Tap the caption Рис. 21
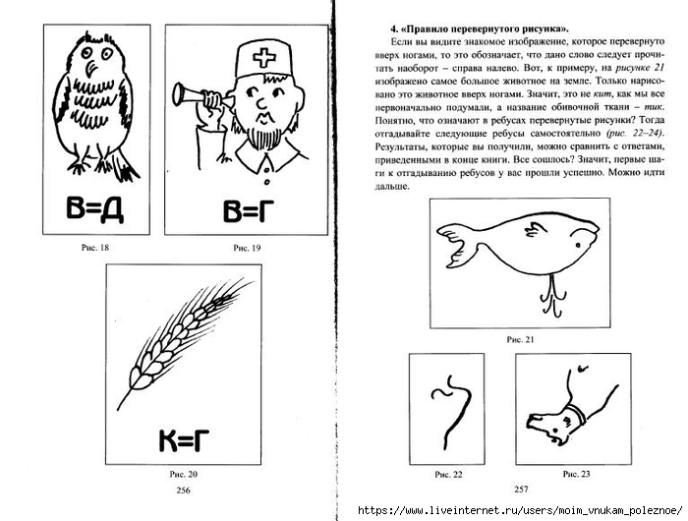(519, 339)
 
